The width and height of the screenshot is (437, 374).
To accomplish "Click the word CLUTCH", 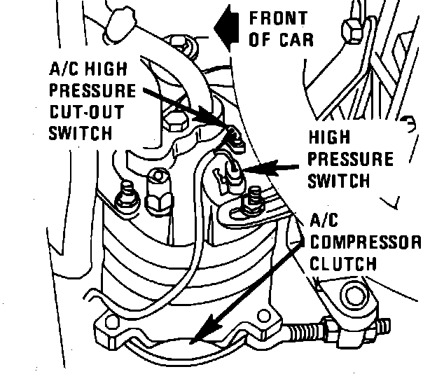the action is [343, 264].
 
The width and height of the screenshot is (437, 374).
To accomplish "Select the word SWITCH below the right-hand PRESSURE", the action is [338, 180].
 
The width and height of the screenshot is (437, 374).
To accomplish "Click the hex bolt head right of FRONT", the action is [348, 29].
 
